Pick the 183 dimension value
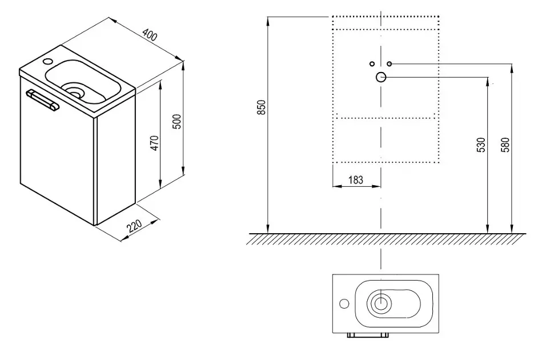pyautogui.click(x=356, y=179)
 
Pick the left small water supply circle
pyautogui.click(x=371, y=63)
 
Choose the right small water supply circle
pyautogui.click(x=389, y=63)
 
